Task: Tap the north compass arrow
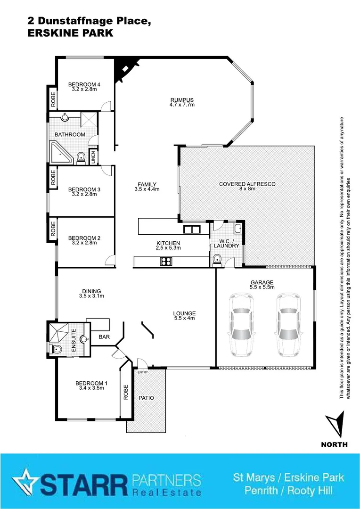[335, 425]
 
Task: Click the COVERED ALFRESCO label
[247, 184]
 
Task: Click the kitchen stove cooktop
[167, 261]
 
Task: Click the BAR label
[104, 337]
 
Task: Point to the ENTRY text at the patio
[142, 372]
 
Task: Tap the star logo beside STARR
[25, 482]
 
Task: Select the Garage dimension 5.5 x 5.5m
[262, 287]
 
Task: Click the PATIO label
[146, 398]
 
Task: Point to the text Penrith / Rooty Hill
[288, 491]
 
